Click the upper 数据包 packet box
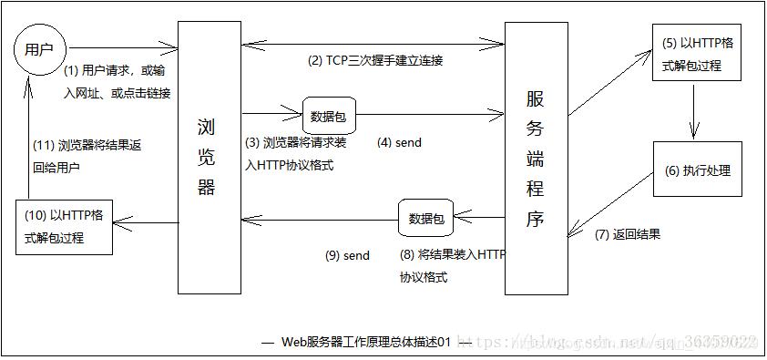(328, 116)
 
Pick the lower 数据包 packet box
(426, 219)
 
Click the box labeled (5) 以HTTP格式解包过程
(696, 52)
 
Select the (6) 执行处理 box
(697, 170)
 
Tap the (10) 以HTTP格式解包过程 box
(69, 228)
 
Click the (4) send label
(399, 143)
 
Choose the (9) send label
(347, 256)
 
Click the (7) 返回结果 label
(627, 234)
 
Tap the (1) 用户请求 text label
(117, 81)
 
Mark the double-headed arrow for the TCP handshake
(373, 41)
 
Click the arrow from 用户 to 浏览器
(122, 45)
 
